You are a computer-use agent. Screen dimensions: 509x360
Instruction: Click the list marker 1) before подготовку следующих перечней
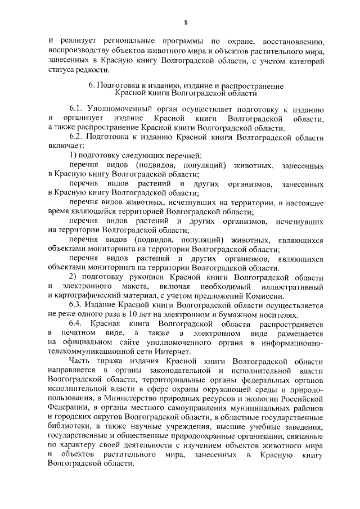tap(73, 155)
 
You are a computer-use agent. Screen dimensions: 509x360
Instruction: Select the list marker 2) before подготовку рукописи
tap(73, 277)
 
